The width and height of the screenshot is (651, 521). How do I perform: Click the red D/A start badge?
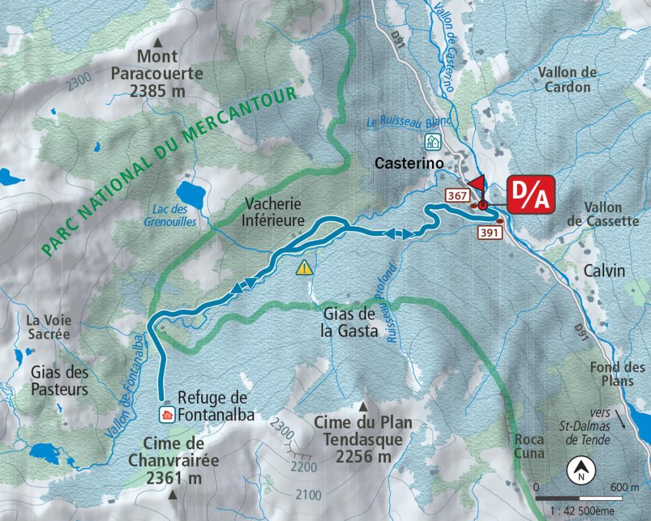click(x=531, y=194)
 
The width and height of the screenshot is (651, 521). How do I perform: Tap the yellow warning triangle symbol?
click(x=305, y=267)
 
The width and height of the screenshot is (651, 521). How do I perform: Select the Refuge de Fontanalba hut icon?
click(x=166, y=415)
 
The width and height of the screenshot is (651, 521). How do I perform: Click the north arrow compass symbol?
click(x=580, y=470)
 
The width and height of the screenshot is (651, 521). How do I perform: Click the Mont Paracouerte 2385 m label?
click(x=157, y=73)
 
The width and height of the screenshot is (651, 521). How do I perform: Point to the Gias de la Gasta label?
click(x=350, y=322)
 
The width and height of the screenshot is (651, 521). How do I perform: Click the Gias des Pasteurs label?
click(x=59, y=380)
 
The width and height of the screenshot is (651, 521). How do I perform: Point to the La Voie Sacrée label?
click(x=48, y=327)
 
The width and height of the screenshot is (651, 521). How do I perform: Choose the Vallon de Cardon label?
click(x=567, y=80)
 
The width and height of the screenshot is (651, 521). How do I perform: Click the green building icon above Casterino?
click(x=432, y=141)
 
